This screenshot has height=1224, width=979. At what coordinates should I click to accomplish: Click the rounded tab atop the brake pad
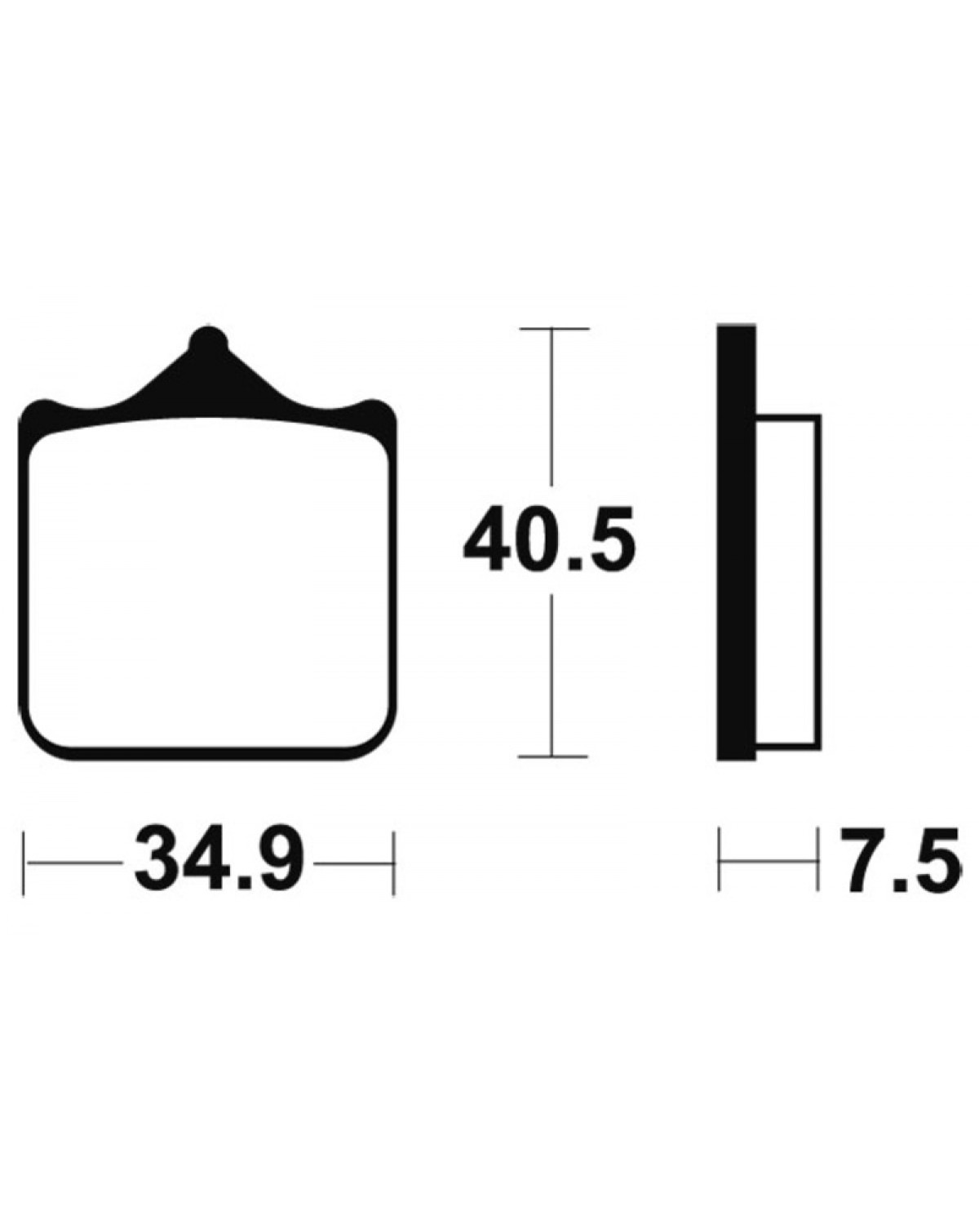pos(208,341)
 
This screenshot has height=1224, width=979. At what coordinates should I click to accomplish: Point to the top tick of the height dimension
pos(552,329)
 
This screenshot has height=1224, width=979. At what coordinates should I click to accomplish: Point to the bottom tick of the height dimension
pos(552,756)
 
